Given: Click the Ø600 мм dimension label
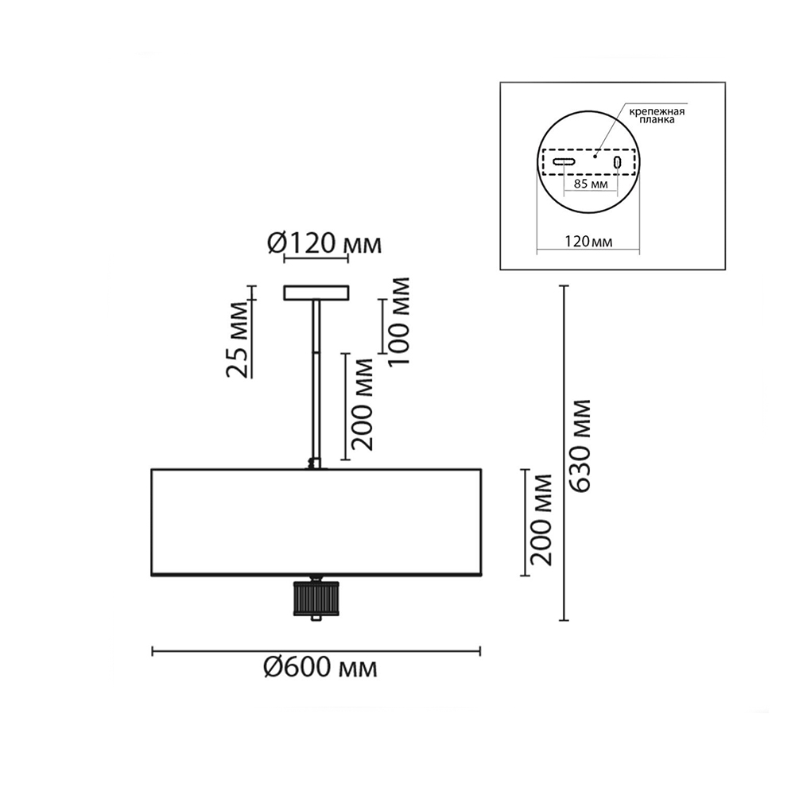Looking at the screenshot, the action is (320, 668).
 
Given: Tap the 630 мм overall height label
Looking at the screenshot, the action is (580, 446).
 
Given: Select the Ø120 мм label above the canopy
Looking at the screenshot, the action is (324, 244).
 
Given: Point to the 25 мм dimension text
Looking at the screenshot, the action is (238, 340).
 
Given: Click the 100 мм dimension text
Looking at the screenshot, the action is (398, 321).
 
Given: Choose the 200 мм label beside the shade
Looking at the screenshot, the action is (540, 520).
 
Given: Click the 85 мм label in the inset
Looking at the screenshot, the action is (591, 184).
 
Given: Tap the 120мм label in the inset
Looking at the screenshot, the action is (588, 242).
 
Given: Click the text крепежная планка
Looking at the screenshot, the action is (657, 115).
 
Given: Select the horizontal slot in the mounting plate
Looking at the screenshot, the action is (564, 162).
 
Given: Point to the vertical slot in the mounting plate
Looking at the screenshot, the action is (617, 162).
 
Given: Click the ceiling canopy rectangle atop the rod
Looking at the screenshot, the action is (316, 293).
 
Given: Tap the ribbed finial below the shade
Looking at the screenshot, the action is (316, 598).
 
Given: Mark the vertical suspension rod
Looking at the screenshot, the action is (316, 380).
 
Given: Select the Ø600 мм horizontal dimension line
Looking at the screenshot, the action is (316, 651).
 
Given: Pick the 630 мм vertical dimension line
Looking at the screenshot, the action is (564, 453).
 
